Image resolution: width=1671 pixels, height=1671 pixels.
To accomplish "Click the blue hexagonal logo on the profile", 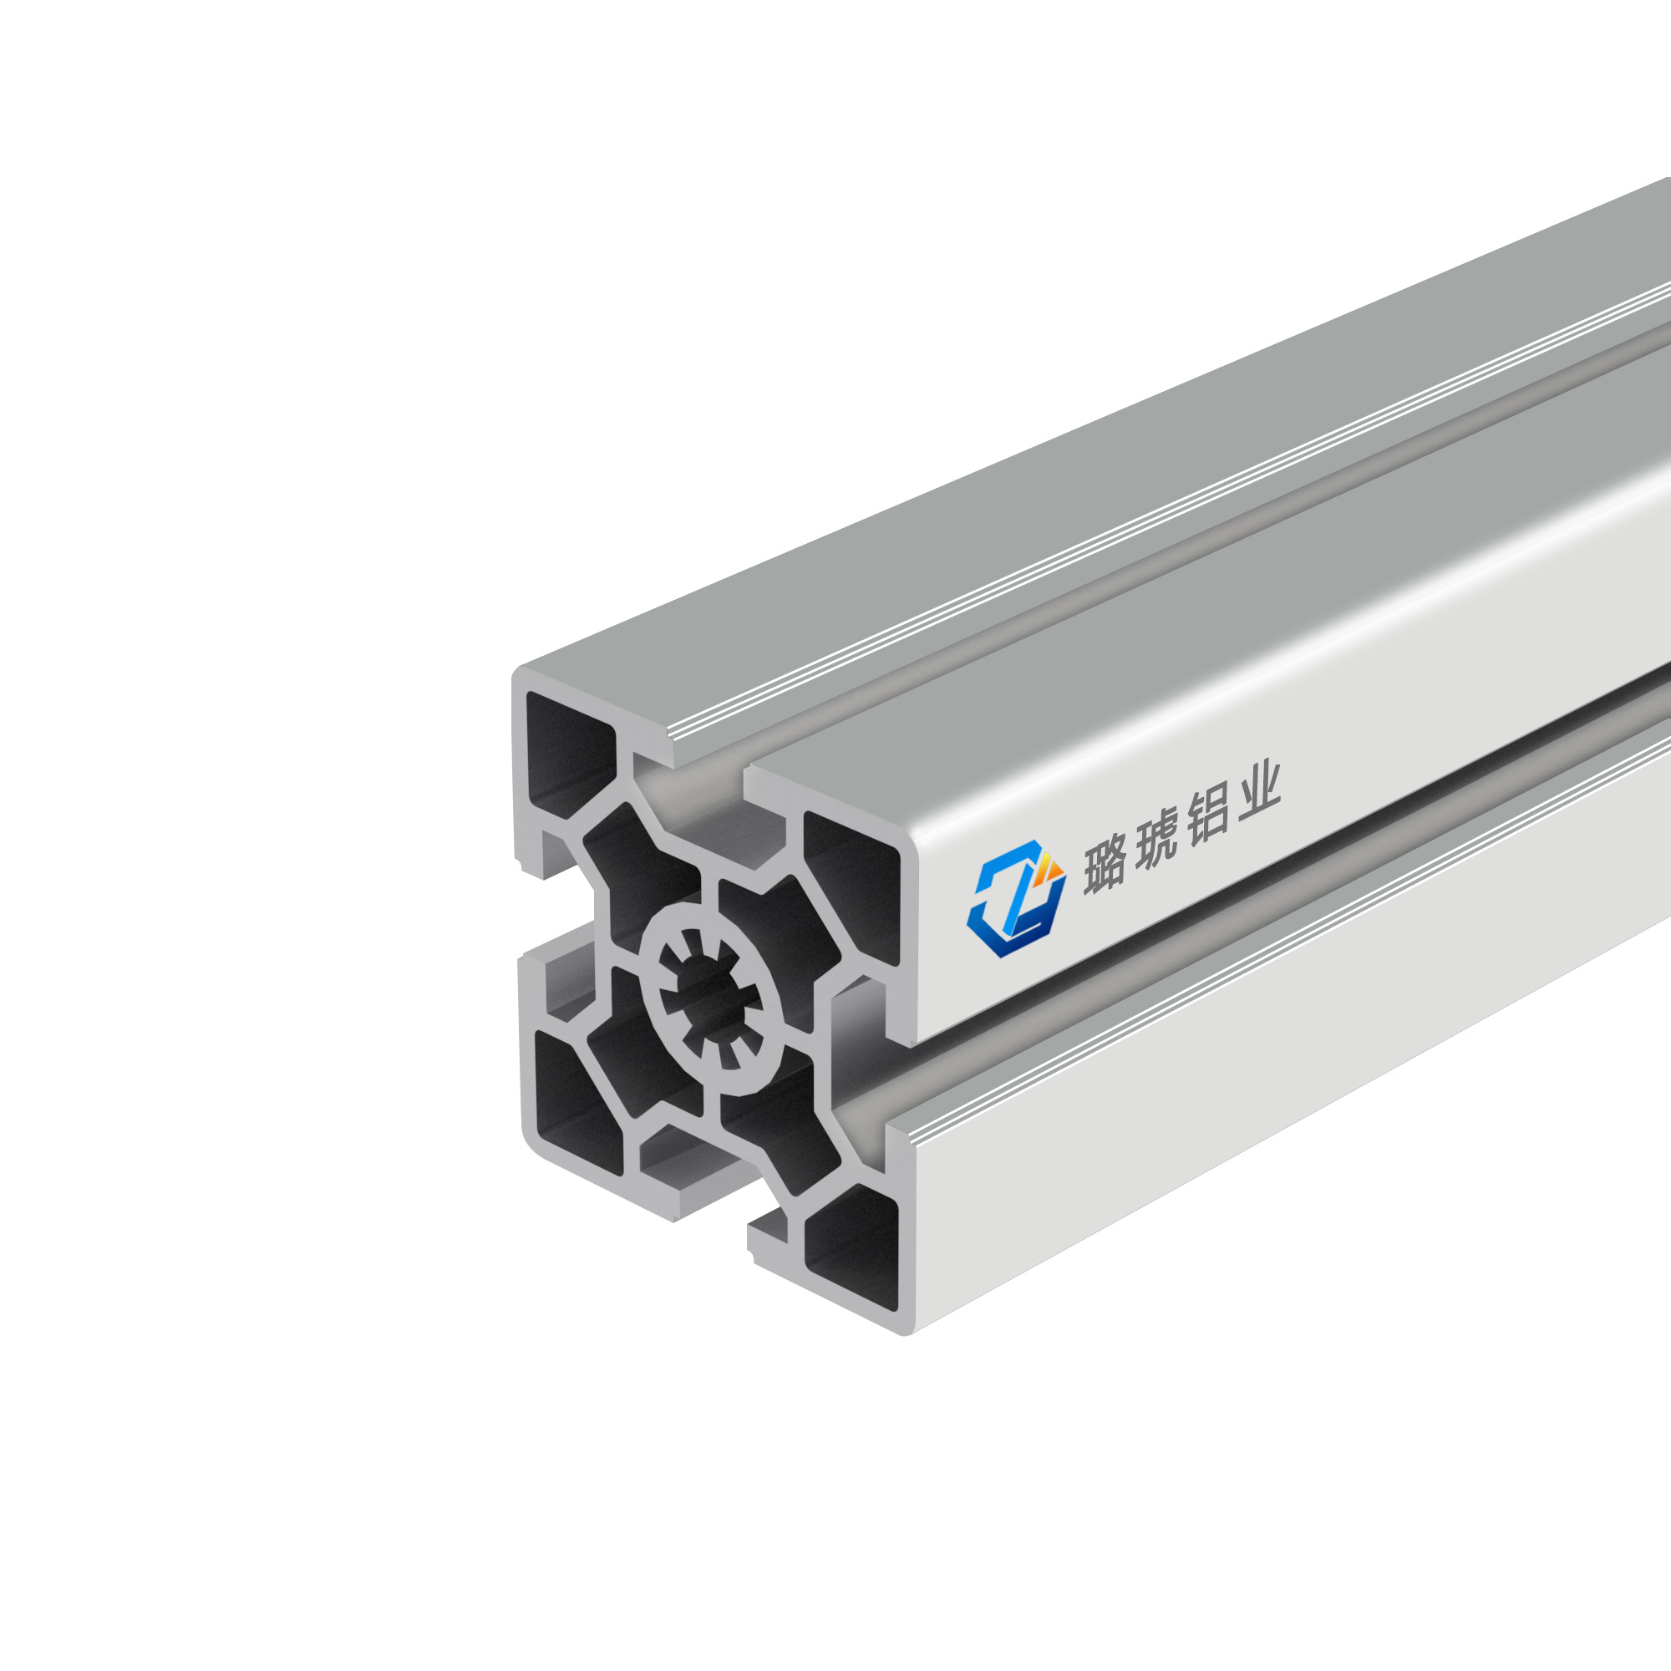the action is (x=1014, y=900).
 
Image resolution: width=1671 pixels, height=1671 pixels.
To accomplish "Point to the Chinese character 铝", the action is (x=1207, y=816).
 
